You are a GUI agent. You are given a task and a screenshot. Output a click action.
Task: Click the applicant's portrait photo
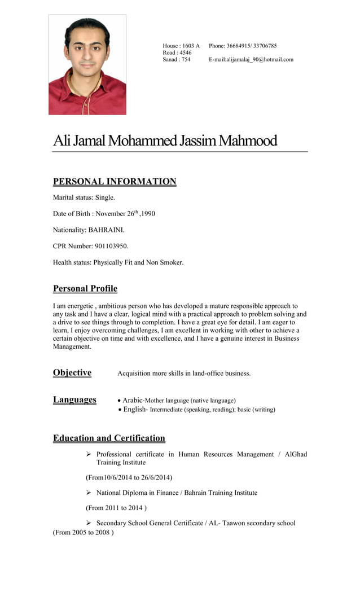(87, 65)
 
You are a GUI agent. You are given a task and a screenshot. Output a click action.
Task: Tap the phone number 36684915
(239, 46)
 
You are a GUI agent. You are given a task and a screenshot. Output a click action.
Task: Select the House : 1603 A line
(181, 46)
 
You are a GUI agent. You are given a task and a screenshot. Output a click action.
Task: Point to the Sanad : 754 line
(177, 59)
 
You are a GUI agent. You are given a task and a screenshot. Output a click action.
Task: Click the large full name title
(165, 140)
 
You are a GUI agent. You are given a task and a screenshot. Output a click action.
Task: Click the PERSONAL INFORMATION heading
(115, 182)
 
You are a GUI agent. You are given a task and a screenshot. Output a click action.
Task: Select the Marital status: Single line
(84, 197)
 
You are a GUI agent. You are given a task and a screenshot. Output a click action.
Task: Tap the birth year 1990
(148, 214)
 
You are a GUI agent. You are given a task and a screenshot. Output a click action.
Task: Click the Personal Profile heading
(85, 289)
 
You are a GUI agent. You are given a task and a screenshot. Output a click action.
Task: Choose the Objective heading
(72, 373)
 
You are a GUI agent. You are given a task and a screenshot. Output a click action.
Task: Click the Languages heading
(74, 400)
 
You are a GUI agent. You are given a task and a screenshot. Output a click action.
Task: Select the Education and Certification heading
(109, 438)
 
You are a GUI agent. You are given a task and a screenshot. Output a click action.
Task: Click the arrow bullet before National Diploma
(89, 493)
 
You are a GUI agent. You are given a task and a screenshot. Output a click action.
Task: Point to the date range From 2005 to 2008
(84, 532)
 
